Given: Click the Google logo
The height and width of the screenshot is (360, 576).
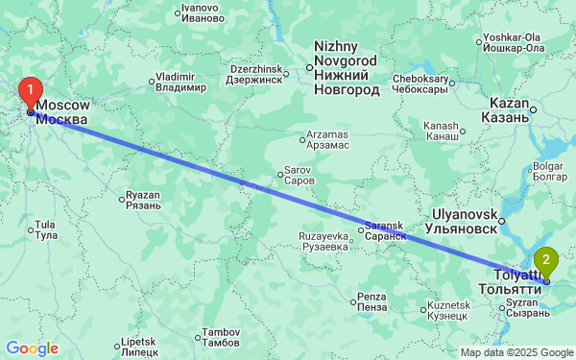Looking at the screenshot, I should tap(33, 348).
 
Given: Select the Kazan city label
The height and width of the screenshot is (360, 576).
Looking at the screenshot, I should tap(509, 109).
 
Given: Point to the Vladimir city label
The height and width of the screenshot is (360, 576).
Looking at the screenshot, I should tap(181, 83).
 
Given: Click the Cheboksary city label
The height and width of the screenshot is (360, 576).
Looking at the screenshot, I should tap(421, 84).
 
